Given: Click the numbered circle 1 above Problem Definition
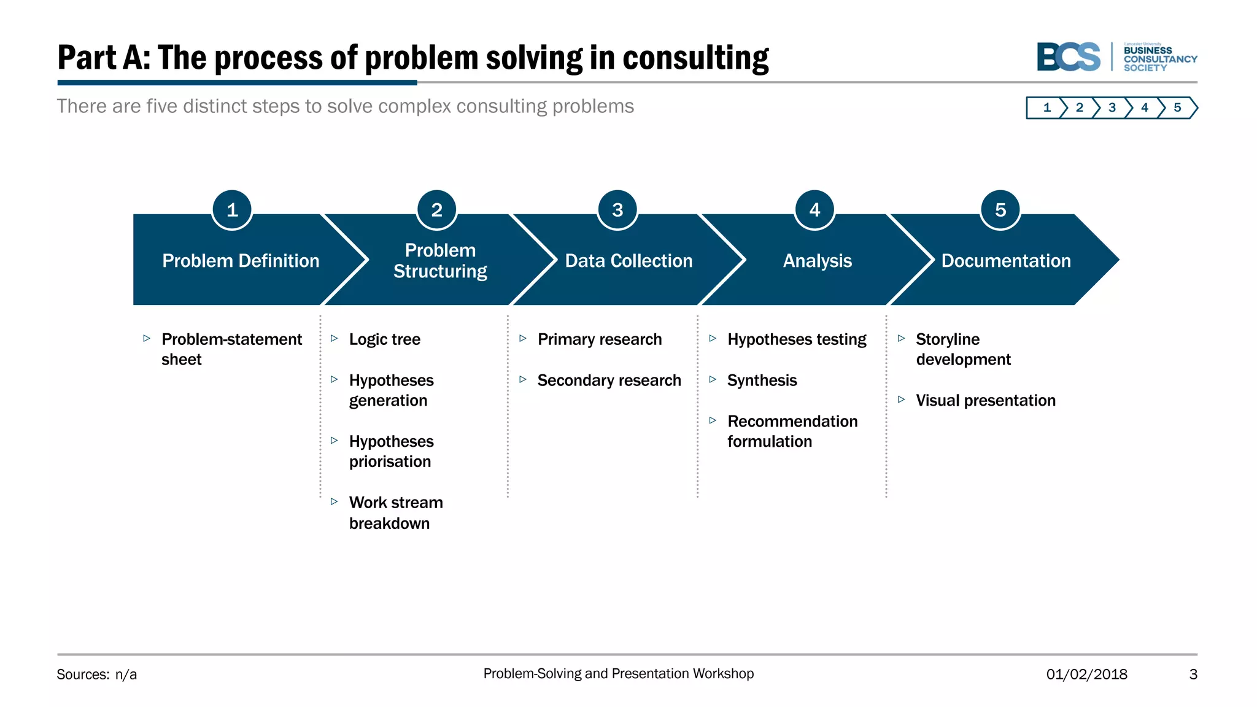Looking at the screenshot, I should click(x=232, y=210).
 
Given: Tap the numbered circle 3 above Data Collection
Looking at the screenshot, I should click(x=617, y=210).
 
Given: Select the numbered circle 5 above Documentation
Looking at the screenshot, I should click(x=1000, y=210).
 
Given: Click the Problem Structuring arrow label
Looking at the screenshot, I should click(x=440, y=261).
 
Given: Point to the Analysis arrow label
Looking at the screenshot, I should click(x=817, y=261).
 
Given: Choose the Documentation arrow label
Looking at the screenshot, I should click(x=1006, y=261).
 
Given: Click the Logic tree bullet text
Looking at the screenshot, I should click(x=385, y=339).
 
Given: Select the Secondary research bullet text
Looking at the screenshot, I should click(x=609, y=381).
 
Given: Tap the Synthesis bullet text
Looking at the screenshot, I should click(x=762, y=381).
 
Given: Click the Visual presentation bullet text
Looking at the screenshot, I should click(x=985, y=401).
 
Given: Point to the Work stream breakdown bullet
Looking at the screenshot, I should click(x=396, y=512).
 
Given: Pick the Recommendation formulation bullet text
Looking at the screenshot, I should click(x=792, y=431).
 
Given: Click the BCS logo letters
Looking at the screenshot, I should click(x=1069, y=57).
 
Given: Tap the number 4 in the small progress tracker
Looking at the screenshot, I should click(x=1144, y=108).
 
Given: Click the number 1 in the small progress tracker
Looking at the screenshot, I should click(x=1047, y=108).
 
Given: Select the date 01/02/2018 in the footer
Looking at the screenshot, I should click(x=1086, y=674).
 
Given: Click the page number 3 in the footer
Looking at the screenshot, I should click(x=1193, y=674).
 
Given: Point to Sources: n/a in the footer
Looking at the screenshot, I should click(x=97, y=674).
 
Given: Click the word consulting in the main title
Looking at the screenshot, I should click(x=695, y=58).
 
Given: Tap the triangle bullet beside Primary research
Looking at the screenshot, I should click(x=523, y=338).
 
